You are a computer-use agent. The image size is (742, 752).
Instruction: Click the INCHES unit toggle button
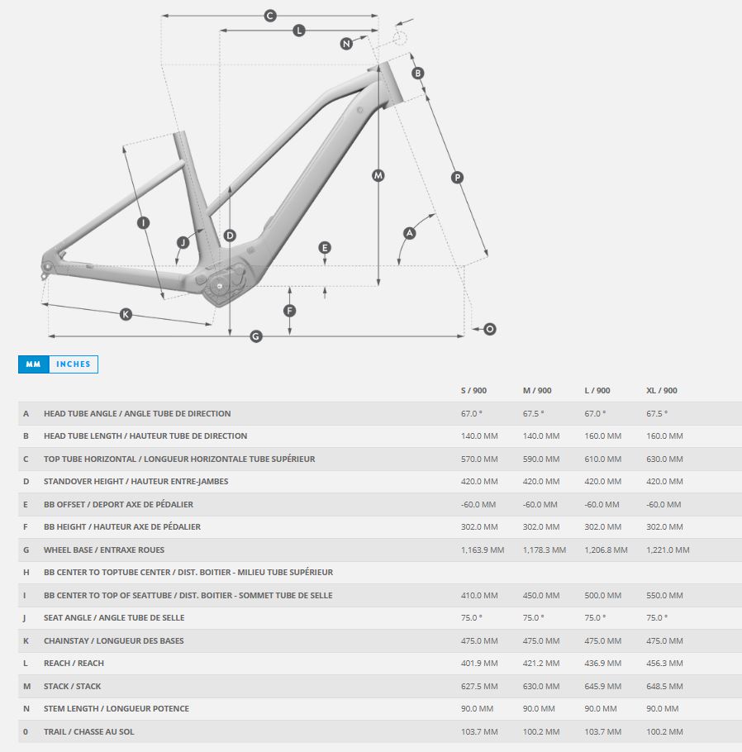74,364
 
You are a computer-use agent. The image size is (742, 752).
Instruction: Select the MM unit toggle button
34,364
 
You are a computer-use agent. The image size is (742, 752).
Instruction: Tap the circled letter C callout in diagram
270,16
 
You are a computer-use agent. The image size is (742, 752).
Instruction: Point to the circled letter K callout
126,314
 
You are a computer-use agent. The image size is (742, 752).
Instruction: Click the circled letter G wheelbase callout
256,336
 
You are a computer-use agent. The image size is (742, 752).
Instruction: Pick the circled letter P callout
457,178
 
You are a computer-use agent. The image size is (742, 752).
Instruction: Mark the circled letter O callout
490,329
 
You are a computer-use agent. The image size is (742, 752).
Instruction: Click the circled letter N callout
346,44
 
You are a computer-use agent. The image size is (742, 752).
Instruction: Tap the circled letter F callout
289,311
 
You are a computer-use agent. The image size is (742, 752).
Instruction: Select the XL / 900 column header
661,390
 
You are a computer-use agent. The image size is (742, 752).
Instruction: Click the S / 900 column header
474,390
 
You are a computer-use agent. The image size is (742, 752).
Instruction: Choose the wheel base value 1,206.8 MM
606,550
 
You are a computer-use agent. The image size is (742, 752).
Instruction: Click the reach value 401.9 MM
479,664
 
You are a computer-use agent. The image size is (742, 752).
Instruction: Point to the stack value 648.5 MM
664,686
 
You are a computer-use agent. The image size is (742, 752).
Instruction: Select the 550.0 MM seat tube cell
664,595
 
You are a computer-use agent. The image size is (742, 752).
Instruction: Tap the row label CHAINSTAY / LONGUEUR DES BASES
114,640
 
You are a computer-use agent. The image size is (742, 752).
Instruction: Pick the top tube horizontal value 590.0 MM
541,459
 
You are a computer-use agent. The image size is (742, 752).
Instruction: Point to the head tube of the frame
388,85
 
